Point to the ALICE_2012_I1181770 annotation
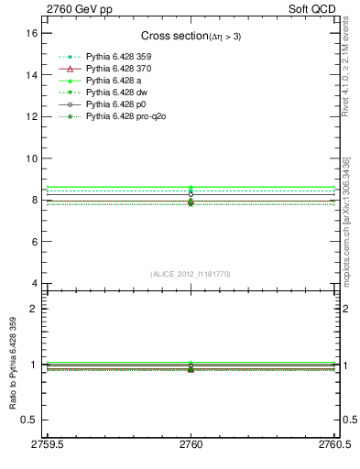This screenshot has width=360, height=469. click(x=191, y=274)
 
